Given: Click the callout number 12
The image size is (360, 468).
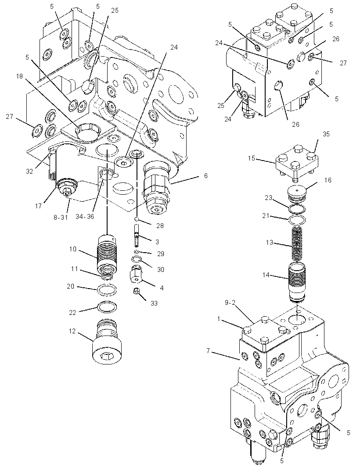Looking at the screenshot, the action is [x=72, y=332].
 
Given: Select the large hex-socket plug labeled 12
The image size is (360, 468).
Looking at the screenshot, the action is [x=107, y=343].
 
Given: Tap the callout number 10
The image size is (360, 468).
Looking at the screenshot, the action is [x=73, y=249].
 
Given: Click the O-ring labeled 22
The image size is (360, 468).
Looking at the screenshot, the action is [x=107, y=307].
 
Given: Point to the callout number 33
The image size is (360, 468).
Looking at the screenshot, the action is [x=154, y=304].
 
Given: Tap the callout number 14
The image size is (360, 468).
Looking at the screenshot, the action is [x=266, y=275].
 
